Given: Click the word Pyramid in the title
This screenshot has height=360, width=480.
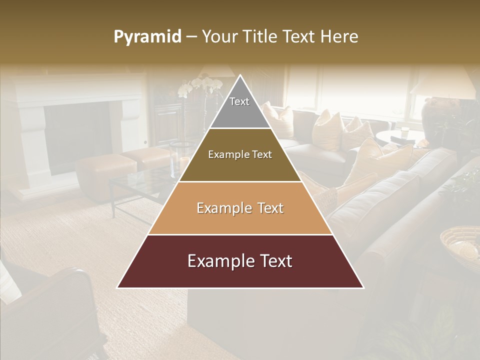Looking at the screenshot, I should (x=147, y=37).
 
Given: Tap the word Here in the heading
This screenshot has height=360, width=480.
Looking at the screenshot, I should (x=339, y=36).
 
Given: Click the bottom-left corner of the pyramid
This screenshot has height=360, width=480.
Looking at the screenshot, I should (x=118, y=287).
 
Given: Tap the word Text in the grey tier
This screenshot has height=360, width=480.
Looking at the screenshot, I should (x=239, y=101).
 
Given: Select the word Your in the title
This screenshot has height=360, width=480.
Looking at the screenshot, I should (x=219, y=36).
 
